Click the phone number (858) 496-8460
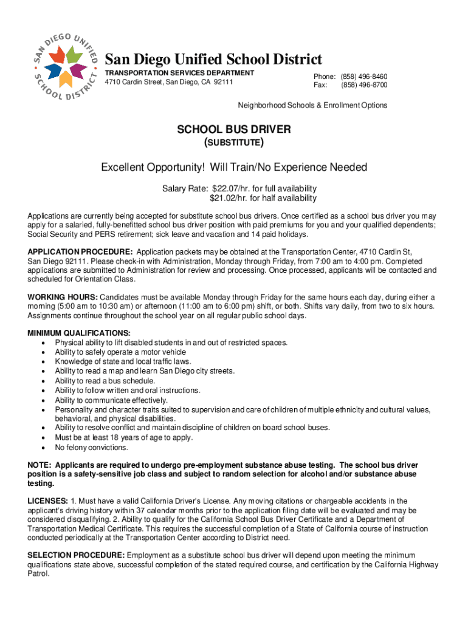[364, 77]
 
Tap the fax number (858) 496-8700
[364, 85]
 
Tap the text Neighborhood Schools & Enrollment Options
[312, 105]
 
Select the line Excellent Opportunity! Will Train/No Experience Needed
[234, 167]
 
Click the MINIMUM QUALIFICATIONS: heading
[79, 333]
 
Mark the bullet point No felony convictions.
[92, 448]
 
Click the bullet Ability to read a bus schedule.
[100, 381]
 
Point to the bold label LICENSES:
[48, 501]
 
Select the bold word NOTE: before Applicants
[40, 465]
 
